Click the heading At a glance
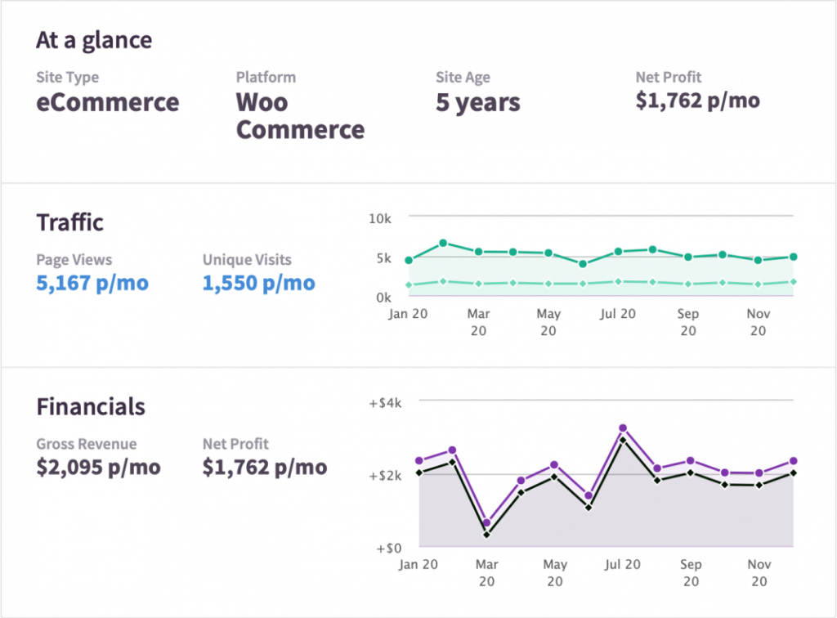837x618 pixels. pos(94,40)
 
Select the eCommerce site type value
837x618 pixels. pos(107,103)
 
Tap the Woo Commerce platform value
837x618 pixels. pos(300,116)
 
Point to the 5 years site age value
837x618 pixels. pos(477,103)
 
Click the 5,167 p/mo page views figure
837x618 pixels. pos(92,284)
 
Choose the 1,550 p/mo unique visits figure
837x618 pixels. pos(258,284)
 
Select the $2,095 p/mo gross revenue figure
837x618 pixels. pos(98,468)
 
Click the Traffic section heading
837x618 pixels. pos(70,222)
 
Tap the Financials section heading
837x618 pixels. pos(91,407)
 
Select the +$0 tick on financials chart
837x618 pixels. pos(388,549)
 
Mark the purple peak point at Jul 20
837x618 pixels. pos(623,428)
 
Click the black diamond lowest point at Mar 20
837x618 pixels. pos(486,535)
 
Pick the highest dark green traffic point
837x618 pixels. pos(443,243)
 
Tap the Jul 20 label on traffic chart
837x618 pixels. pos(617,314)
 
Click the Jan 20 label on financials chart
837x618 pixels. pos(419,564)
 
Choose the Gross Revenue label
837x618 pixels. pos(86,444)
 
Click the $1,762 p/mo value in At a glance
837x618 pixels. pos(697,101)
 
